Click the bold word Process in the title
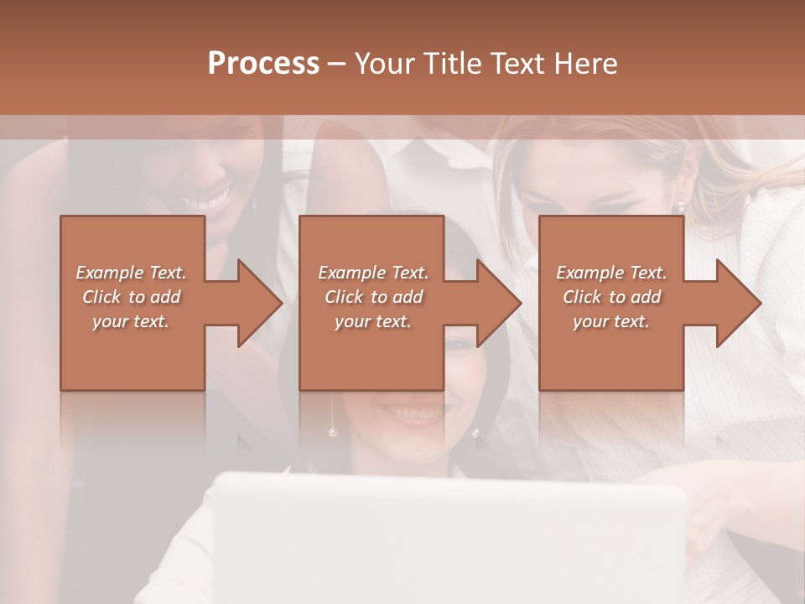point(263,64)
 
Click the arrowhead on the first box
point(259,303)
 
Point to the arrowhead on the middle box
point(499,303)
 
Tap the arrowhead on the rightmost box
point(739,303)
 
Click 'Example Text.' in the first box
point(131,273)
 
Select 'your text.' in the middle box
point(372,321)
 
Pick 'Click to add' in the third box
point(611,297)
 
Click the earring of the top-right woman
point(681,205)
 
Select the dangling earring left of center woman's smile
point(332,431)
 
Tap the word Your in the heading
point(384,64)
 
